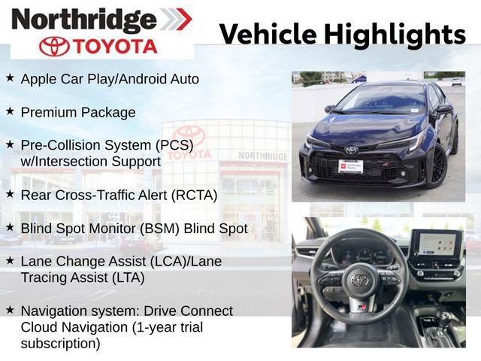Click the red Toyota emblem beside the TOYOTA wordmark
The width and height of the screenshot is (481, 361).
click(x=54, y=47)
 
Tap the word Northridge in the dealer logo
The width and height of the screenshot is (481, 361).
click(x=83, y=20)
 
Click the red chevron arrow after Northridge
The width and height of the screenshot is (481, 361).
click(x=183, y=19)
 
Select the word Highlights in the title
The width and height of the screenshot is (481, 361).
click(x=395, y=35)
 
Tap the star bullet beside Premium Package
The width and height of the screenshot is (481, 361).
click(x=10, y=111)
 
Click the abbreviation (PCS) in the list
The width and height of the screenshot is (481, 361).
click(x=174, y=145)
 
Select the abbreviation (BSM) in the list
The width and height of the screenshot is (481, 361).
click(x=159, y=229)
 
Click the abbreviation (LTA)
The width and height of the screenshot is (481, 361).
click(x=128, y=278)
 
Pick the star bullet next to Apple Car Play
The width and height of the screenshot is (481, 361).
click(x=10, y=77)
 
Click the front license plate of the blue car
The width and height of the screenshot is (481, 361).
click(x=351, y=166)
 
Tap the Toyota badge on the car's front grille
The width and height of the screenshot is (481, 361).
click(x=351, y=150)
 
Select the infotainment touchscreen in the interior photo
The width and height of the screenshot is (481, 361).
click(x=436, y=244)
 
